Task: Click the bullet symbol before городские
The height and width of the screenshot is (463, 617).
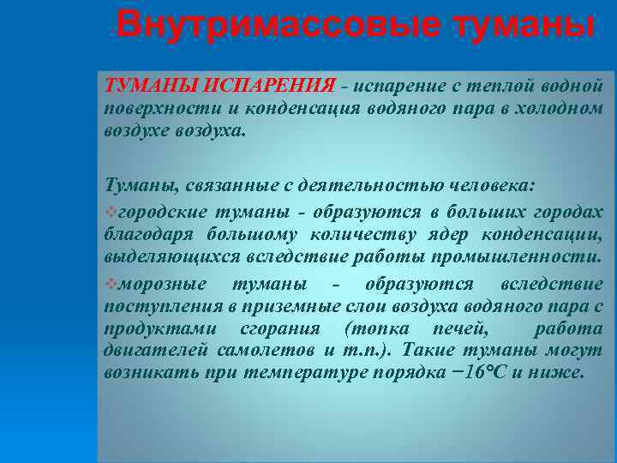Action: click(x=108, y=212)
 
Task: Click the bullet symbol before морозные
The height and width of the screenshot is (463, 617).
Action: click(x=108, y=284)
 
